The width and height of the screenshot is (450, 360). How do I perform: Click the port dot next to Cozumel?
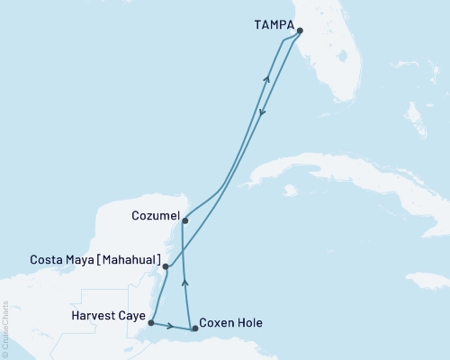point(184,220)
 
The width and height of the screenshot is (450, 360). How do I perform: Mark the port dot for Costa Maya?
point(165,266)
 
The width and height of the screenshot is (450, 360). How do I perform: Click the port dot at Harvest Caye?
point(151,322)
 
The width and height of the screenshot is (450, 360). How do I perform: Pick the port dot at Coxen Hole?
point(195,328)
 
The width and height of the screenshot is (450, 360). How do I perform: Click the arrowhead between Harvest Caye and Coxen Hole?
point(167,325)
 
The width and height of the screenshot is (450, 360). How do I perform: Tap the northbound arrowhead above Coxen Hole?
point(185,282)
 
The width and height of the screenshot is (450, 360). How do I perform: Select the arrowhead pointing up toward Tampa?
point(266,79)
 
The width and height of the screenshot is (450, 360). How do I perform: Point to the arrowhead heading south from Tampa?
point(262,112)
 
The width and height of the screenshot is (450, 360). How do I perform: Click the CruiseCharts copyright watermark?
point(6,329)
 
